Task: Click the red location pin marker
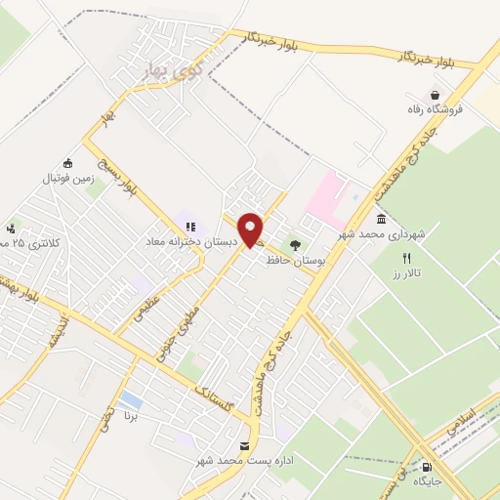[x=252, y=229]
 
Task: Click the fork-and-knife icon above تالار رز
[x=406, y=259]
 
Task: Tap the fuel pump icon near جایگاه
[x=429, y=466]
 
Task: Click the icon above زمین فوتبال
[x=66, y=163]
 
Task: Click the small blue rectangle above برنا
[x=129, y=400]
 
